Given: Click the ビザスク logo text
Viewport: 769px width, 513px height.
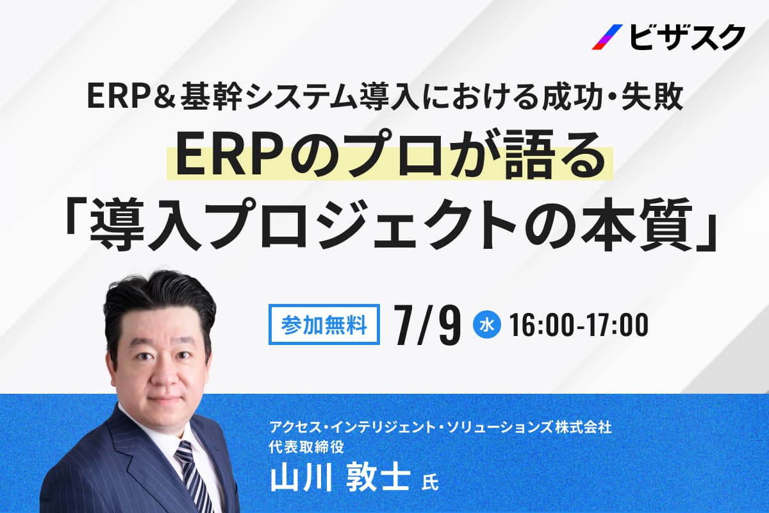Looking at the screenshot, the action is point(687,38).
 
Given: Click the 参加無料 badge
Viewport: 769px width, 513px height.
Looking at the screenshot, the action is point(324,324).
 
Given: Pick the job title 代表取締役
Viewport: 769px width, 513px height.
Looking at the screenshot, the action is point(307,447).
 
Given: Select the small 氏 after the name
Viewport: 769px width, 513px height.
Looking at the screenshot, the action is point(430,482).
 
